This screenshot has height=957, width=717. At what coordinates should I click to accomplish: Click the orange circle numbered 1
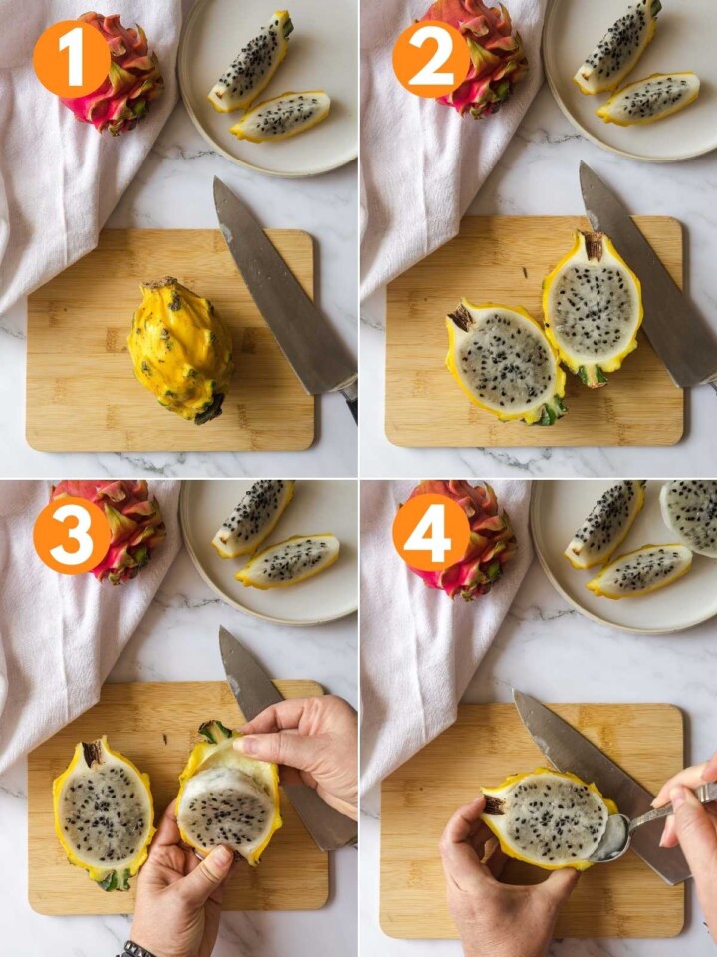(x=72, y=59)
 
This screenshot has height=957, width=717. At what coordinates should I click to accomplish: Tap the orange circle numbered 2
(x=431, y=59)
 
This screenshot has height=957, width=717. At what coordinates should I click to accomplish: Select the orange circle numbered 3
(x=72, y=535)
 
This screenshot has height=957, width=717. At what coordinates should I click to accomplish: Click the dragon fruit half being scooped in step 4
(x=543, y=817)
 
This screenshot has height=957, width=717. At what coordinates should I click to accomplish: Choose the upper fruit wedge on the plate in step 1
(x=251, y=60)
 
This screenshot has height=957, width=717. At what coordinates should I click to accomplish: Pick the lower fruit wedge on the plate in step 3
(x=287, y=560)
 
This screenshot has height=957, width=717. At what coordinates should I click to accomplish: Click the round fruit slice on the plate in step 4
(x=692, y=515)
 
